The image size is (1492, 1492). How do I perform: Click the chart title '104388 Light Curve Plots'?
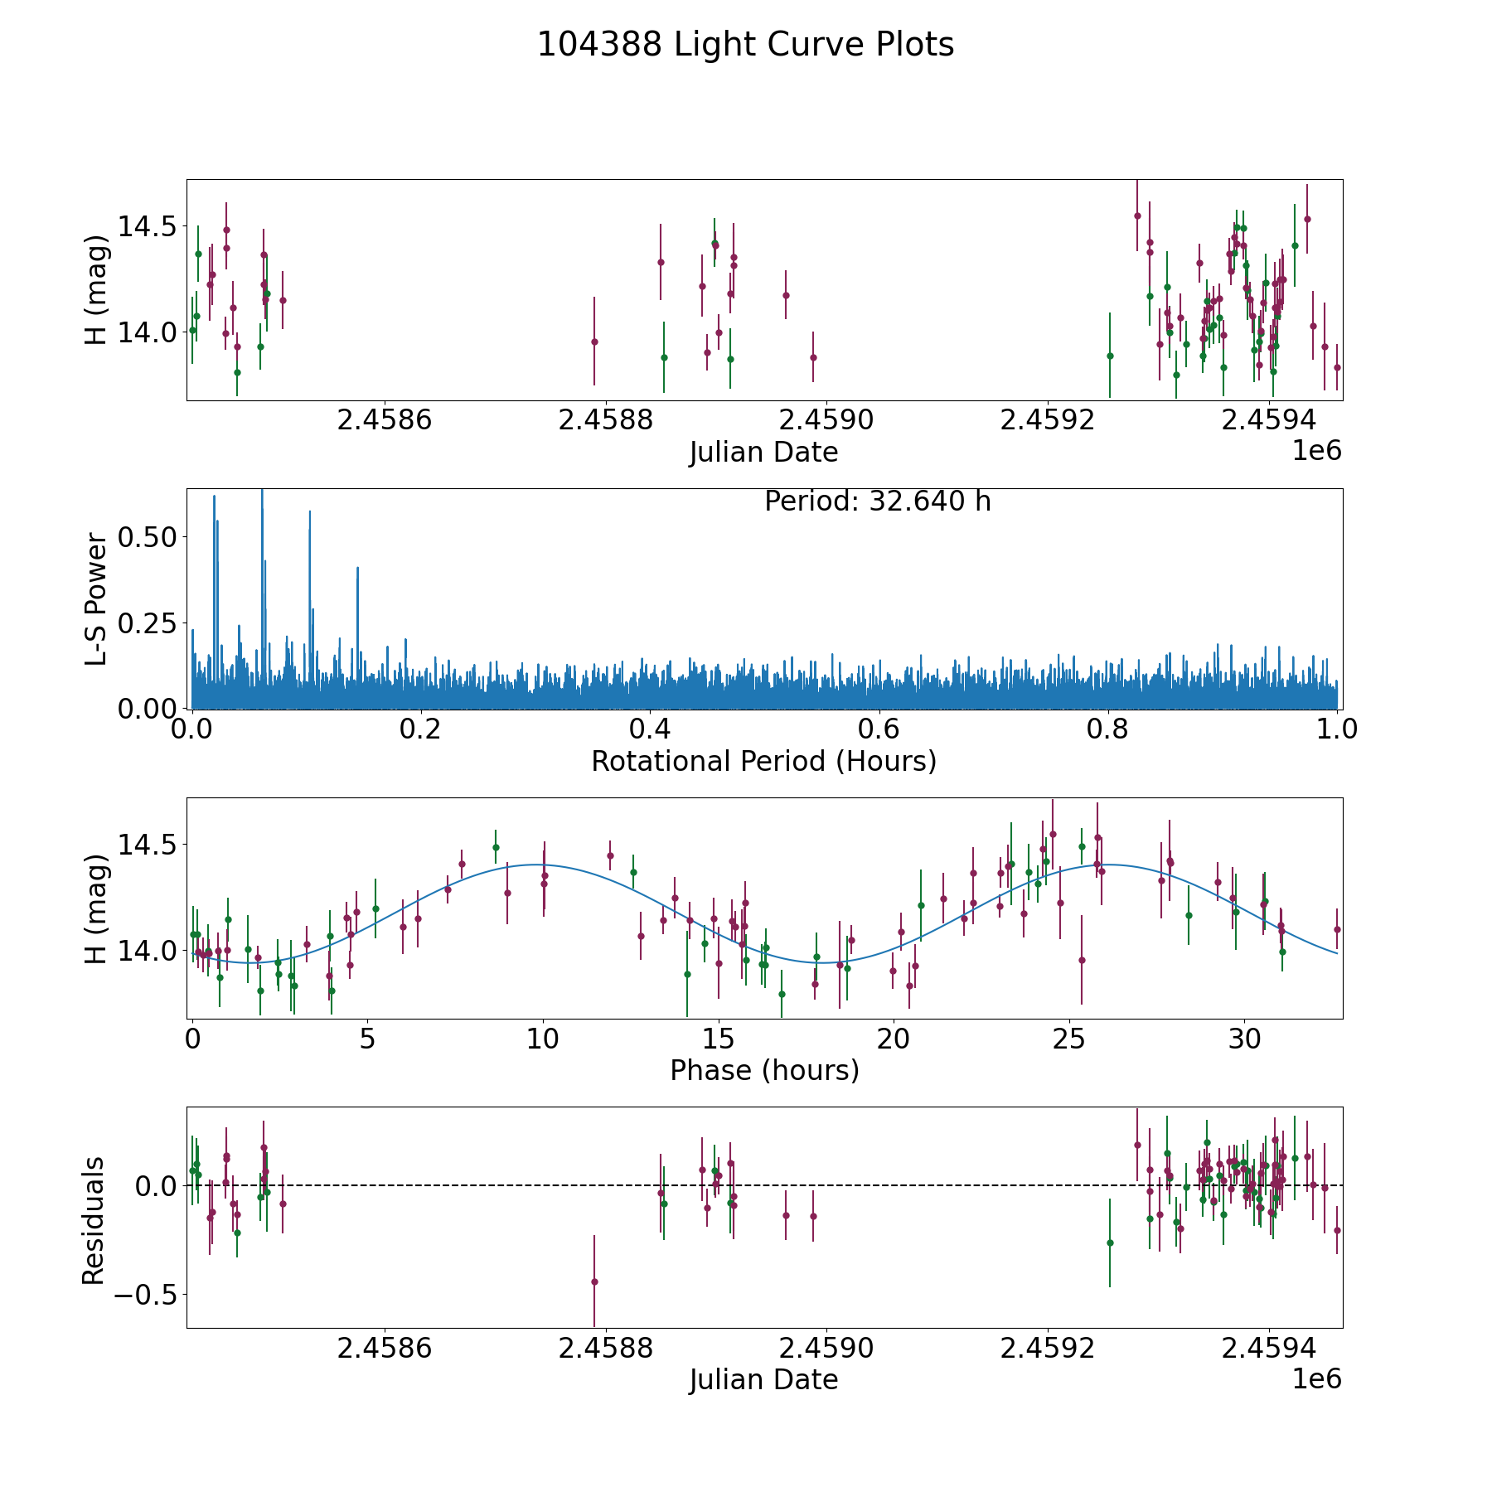tap(745, 45)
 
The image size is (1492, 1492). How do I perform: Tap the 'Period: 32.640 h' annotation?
tap(877, 501)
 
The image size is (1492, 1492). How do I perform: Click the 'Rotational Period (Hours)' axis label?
tap(763, 761)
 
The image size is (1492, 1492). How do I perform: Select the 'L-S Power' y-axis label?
tap(96, 598)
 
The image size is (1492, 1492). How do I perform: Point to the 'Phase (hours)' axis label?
tap(764, 1070)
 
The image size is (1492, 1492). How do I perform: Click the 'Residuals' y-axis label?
tap(94, 1219)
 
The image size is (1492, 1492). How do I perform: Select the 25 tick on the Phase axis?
tap(1070, 1039)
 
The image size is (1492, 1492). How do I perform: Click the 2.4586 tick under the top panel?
tap(385, 420)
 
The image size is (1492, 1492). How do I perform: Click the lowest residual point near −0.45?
tap(594, 1281)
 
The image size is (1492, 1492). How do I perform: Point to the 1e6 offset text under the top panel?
tap(1316, 451)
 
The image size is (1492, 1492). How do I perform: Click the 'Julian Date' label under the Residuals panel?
tap(763, 1380)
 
